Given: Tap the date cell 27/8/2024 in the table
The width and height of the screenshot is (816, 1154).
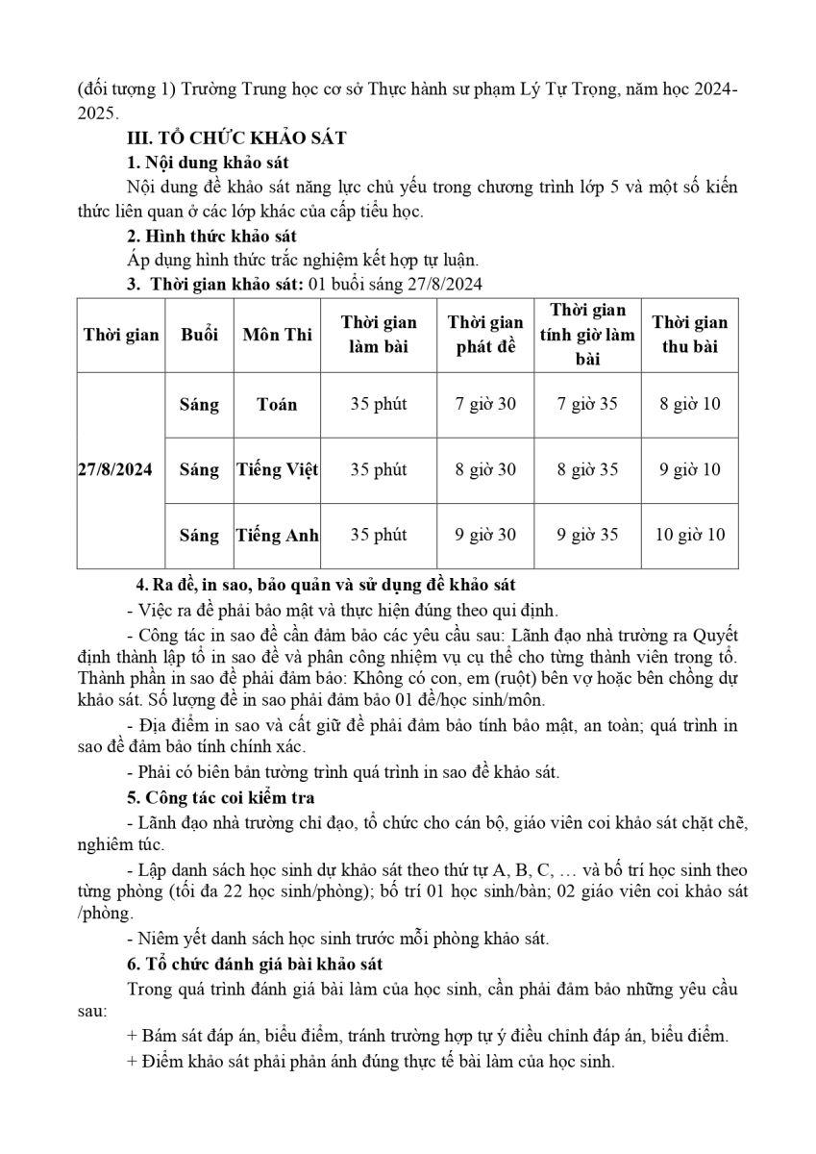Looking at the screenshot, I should tap(119, 469).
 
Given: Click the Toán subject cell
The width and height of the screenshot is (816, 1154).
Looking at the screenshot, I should tap(277, 404).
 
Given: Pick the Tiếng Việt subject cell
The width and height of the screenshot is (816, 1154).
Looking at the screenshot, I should tap(277, 469).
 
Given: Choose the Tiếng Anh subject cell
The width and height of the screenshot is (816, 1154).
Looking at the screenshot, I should tap(277, 535).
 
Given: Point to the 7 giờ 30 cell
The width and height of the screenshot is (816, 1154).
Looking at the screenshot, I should tap(485, 404).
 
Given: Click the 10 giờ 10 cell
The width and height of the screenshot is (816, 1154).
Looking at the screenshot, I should tap(690, 535).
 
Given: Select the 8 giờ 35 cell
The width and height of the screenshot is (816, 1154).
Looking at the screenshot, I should tap(587, 469).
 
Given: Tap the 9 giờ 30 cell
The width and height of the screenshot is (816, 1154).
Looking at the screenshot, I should tap(485, 535).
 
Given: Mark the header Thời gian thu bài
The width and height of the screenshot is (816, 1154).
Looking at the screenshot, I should tap(690, 335).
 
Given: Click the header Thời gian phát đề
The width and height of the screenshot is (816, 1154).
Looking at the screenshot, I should tap(485, 335).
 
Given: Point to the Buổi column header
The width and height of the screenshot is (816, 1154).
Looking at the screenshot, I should tap(199, 335).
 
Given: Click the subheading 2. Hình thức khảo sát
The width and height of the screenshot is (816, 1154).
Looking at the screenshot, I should tap(212, 236).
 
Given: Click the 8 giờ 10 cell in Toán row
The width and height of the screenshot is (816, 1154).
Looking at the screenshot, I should tap(690, 404).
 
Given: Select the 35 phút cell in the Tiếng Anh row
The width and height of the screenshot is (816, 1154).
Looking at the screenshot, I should tap(379, 535).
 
